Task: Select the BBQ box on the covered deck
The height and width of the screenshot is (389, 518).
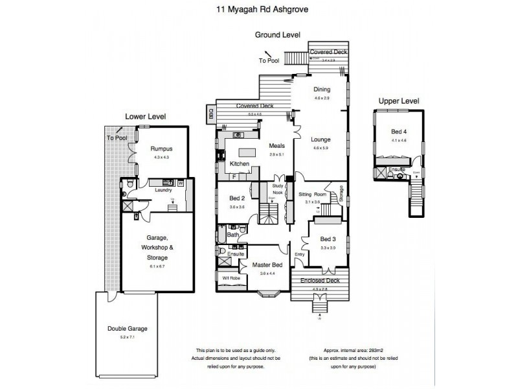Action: point(210,114)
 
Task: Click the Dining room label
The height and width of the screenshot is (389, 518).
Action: point(322,89)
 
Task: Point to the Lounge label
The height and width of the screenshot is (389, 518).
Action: point(321,139)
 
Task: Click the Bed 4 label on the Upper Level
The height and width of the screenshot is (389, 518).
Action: point(398,133)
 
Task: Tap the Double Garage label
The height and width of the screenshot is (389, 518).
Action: point(127,329)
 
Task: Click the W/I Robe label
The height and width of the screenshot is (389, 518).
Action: point(232,277)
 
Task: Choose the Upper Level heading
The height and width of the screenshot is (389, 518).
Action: point(400,101)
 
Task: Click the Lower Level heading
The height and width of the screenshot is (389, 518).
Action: point(146,116)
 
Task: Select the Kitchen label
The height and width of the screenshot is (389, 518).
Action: point(240,164)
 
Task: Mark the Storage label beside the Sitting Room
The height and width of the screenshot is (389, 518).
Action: point(341,193)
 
